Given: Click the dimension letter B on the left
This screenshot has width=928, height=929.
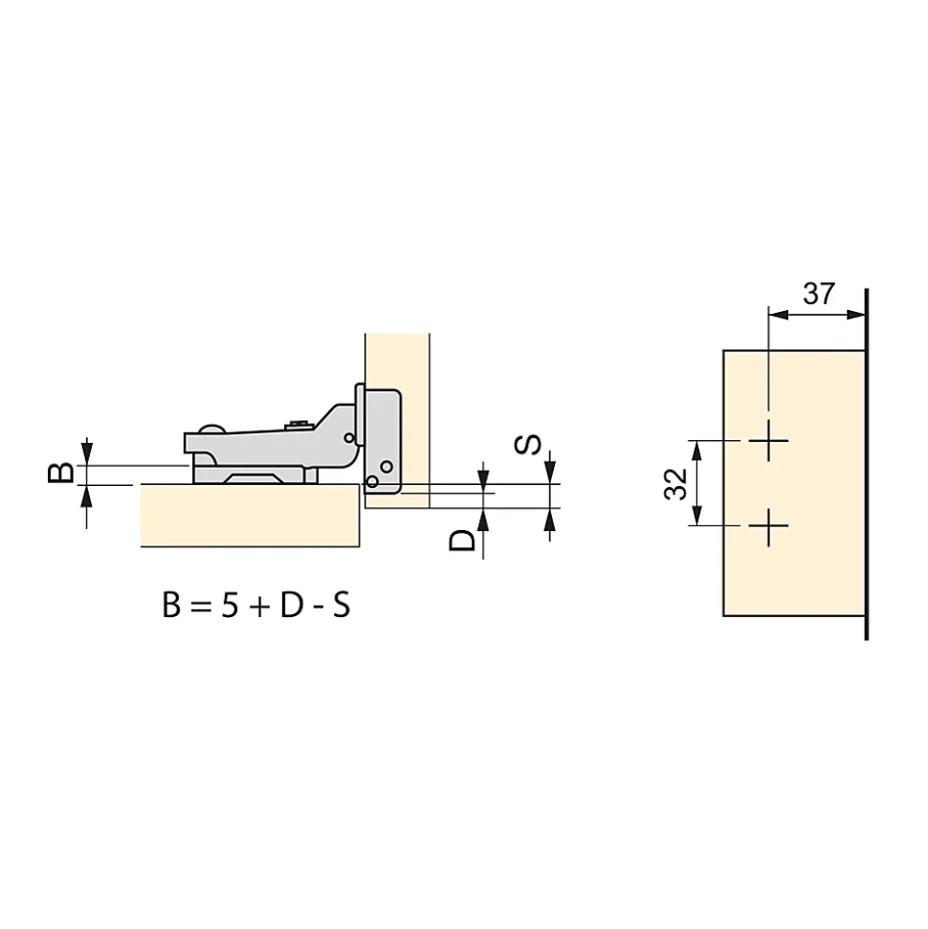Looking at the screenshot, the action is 60,473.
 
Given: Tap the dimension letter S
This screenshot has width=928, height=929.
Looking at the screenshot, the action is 527,445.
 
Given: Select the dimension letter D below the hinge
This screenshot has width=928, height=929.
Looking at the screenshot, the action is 462,540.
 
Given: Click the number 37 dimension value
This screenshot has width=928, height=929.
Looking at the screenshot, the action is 819,294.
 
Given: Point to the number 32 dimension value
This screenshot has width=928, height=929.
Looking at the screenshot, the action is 675,484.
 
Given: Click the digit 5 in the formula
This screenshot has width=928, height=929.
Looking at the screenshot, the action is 230,606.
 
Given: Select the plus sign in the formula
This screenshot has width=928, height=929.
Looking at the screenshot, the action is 259,607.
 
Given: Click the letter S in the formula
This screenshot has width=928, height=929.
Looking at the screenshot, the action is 342,606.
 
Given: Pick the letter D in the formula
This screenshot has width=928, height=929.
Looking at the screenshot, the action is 292,606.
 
